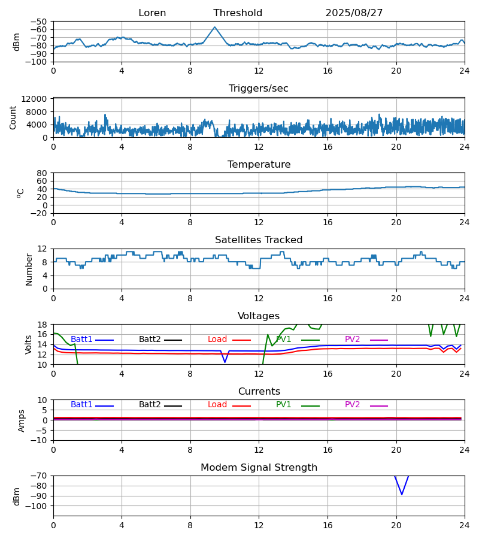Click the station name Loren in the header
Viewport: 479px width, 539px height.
(152, 13)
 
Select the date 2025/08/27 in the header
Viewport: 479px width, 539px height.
(354, 13)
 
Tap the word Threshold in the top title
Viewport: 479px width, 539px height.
(238, 13)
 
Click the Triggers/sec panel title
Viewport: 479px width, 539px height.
(259, 89)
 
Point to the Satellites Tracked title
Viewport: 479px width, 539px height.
(259, 240)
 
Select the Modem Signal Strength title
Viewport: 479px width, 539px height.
(259, 468)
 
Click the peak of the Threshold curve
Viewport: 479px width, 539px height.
(215, 27)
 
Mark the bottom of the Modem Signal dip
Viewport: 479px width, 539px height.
(402, 494)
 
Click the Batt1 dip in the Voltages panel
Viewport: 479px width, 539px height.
(225, 362)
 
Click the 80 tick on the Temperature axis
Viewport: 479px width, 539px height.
(43, 173)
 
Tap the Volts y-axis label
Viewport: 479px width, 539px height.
(29, 344)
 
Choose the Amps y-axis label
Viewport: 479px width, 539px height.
(22, 420)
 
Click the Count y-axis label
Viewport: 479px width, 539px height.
(13, 117)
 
